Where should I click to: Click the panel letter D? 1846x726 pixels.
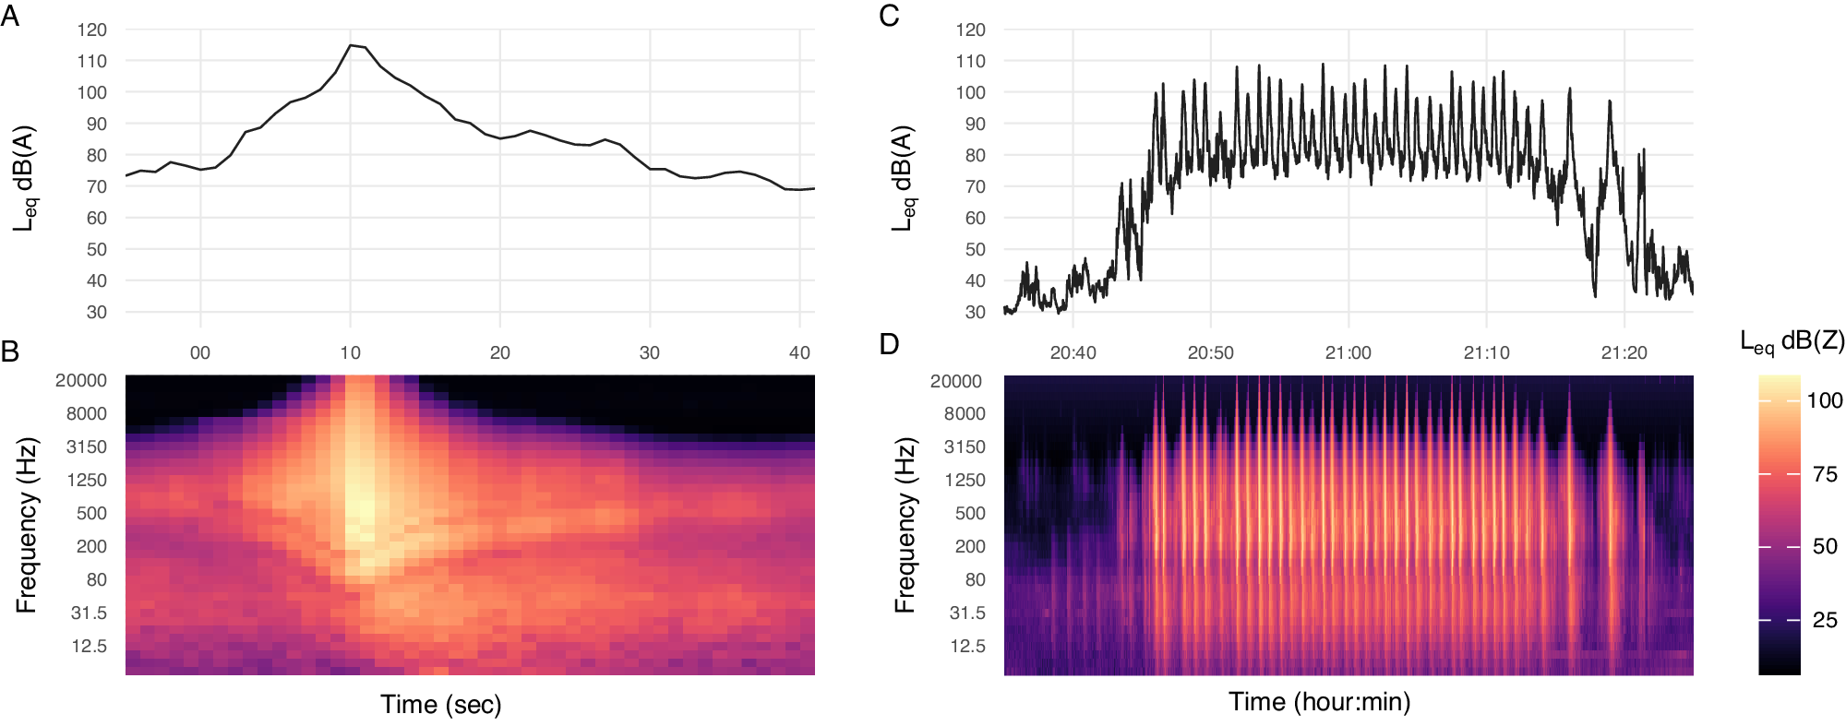889,344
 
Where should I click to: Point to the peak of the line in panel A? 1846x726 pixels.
351,44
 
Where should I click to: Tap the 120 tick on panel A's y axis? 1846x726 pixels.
91,30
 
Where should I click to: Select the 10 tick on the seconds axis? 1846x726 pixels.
350,352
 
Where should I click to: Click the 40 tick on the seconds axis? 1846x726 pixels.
799,352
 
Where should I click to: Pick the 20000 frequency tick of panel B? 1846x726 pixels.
81,380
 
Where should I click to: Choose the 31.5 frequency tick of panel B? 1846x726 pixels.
89,613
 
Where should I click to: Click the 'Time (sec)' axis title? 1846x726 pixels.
441,705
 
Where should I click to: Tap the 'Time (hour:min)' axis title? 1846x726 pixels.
1319,702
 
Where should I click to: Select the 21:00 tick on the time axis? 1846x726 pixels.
1348,352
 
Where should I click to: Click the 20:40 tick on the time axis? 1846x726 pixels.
1073,352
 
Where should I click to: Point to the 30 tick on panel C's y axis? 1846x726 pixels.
975,312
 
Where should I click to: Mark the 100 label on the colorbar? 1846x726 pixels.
1824,400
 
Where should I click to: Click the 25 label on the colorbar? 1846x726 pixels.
1824,620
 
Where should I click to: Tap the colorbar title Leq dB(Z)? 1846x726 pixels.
1792,342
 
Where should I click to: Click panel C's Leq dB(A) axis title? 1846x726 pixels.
903,178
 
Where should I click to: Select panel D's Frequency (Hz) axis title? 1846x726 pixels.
905,526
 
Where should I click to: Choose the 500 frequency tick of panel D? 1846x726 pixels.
970,513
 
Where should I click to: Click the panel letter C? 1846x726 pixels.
889,17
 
